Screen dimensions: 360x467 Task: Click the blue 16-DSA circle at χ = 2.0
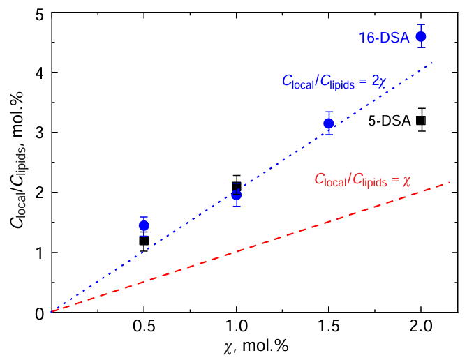coord(421,36)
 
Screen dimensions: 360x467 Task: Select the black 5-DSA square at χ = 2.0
coord(421,120)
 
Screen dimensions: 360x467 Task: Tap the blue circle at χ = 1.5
coord(329,123)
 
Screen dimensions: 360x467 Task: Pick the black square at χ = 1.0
coord(237,186)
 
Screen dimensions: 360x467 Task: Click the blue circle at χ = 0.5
coord(144,225)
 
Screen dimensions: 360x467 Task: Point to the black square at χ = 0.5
coord(144,241)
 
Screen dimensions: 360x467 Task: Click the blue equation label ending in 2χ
coord(332,81)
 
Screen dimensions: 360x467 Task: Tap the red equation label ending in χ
coord(362,181)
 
